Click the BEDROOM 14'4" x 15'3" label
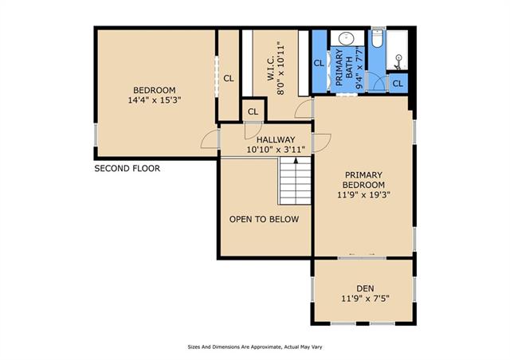click(154, 95)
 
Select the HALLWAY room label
click(276, 144)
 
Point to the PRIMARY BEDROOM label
click(363, 185)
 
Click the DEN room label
click(365, 293)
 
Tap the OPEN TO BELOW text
click(264, 219)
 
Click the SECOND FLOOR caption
click(127, 169)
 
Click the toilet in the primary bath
click(377, 39)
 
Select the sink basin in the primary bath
click(347, 39)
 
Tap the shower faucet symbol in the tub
click(398, 62)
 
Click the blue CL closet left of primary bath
click(319, 63)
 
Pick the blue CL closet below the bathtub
click(398, 84)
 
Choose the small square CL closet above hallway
click(253, 112)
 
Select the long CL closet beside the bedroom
click(229, 78)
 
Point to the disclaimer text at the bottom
click(255, 347)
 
